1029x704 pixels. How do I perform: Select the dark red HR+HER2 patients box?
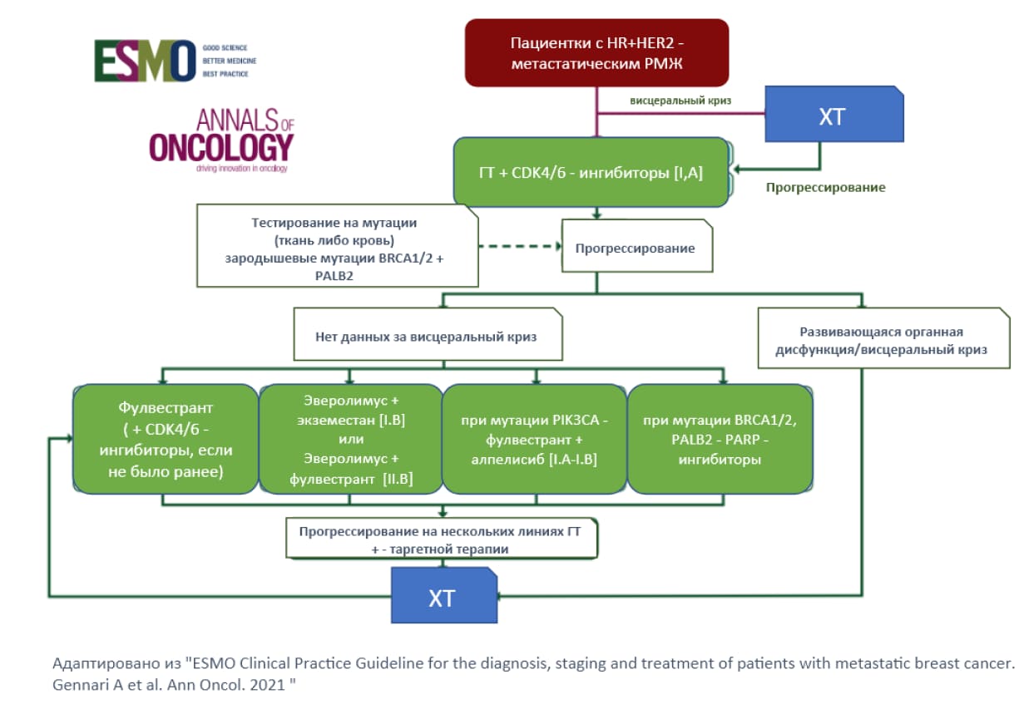click(596, 52)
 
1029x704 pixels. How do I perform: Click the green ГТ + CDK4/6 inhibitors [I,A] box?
click(592, 172)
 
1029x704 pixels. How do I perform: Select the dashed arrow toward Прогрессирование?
click(520, 246)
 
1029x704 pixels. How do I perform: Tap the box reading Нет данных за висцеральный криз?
click(428, 337)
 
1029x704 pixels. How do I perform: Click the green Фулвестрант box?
click(166, 439)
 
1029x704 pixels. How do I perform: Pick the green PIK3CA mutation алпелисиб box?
click(534, 439)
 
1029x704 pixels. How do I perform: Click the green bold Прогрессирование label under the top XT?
click(825, 187)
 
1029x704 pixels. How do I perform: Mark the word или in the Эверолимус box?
click(350, 441)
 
